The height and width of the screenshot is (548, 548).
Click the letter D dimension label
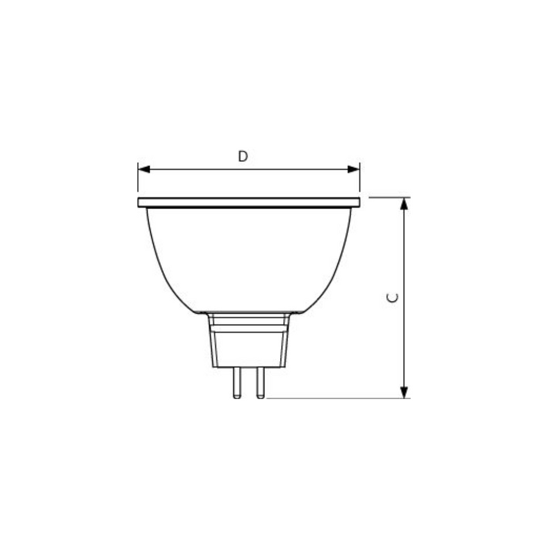pyautogui.click(x=243, y=156)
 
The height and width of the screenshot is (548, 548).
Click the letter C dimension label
pyautogui.click(x=393, y=298)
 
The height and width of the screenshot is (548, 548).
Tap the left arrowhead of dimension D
pyautogui.click(x=144, y=169)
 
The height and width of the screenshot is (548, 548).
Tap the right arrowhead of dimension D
pyautogui.click(x=354, y=169)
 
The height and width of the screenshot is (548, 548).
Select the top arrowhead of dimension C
pyautogui.click(x=404, y=203)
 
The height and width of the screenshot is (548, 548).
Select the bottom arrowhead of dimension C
pyautogui.click(x=404, y=393)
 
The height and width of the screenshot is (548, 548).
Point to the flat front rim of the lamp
pyautogui.click(x=248, y=202)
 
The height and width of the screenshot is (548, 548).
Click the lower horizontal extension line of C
pyautogui.click(x=335, y=399)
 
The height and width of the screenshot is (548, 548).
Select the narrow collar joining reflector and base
pyautogui.click(x=248, y=318)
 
